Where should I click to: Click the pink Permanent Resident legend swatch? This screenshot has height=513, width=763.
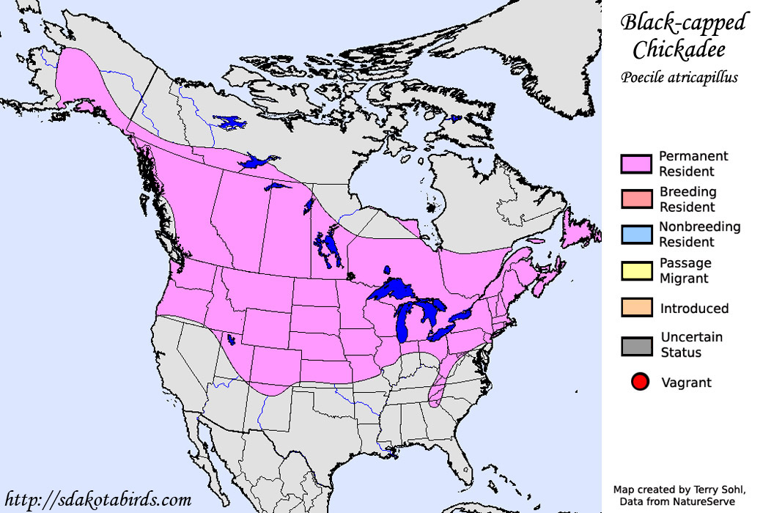[x=636, y=164]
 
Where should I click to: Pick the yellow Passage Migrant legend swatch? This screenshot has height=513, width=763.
[x=636, y=271]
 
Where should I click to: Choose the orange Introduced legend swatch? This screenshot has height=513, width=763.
[x=636, y=307]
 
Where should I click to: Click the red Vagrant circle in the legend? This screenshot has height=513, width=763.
[x=640, y=382]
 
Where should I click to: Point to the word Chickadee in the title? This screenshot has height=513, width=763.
[x=679, y=50]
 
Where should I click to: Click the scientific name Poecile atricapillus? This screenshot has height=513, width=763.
[x=679, y=77]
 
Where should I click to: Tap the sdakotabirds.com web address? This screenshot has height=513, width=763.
[x=97, y=500]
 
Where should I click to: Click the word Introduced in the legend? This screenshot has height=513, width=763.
[x=694, y=309]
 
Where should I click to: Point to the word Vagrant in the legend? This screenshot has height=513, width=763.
[x=686, y=383]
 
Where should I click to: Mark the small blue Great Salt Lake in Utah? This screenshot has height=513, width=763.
[x=231, y=339]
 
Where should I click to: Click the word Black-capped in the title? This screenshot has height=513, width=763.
[x=683, y=23]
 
